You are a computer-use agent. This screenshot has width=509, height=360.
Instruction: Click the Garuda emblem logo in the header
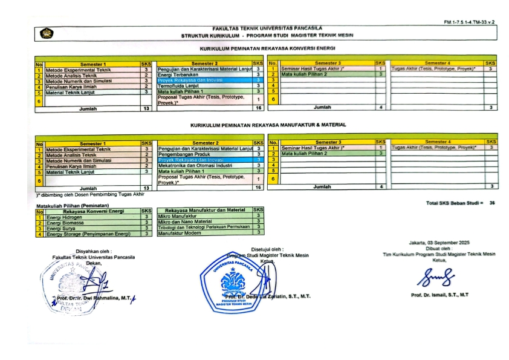click(x=46, y=34)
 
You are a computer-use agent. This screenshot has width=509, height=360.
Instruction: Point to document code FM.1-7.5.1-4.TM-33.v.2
click(x=468, y=22)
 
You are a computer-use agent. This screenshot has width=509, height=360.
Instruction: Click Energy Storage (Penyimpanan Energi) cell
click(x=88, y=234)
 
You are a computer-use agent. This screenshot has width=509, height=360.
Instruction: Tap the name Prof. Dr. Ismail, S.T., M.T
click(x=439, y=295)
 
